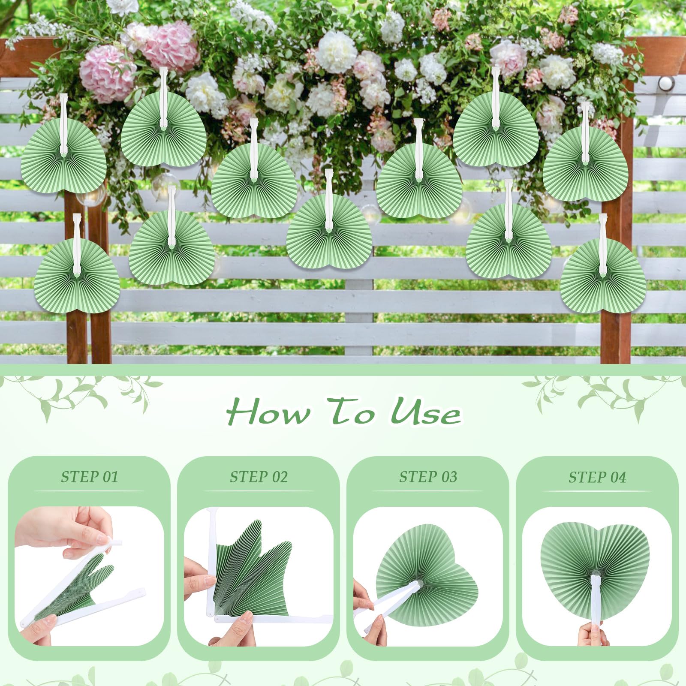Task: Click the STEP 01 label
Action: [x=89, y=477]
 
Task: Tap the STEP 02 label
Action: [x=259, y=477]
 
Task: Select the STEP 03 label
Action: [x=428, y=477]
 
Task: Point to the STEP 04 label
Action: [x=597, y=477]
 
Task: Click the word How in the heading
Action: [x=268, y=412]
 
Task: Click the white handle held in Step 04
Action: [x=596, y=600]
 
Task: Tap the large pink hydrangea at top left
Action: [x=107, y=73]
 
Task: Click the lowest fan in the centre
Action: [x=329, y=234]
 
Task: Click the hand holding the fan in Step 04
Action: [x=594, y=635]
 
